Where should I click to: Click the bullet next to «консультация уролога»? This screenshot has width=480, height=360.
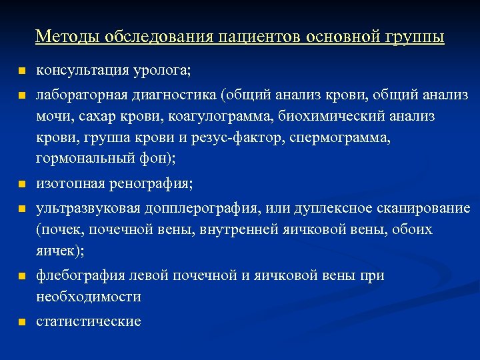pos(22,71)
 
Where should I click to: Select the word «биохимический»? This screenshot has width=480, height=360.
pos(333,117)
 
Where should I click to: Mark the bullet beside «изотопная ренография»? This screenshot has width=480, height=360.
pos(22,183)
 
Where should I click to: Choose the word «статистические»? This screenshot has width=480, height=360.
pos(88,321)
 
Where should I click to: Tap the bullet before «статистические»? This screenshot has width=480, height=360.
pos(22,322)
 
